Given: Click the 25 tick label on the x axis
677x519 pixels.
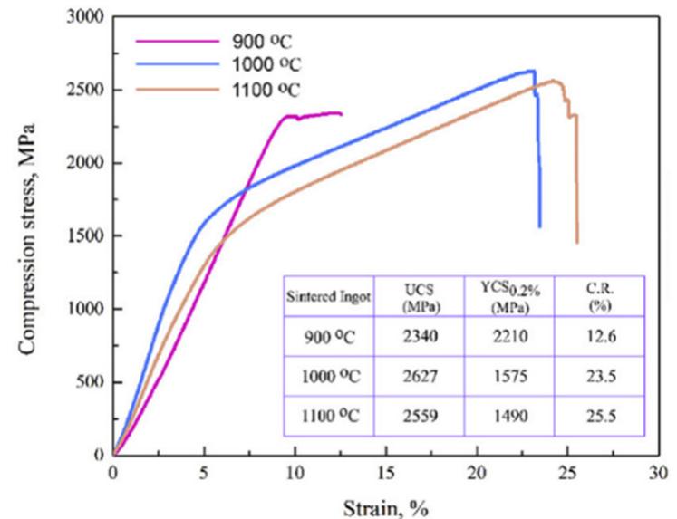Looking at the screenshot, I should click(x=566, y=474).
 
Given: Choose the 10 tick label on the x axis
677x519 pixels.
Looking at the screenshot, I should click(x=294, y=474).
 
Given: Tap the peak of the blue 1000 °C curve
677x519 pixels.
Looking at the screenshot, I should click(x=534, y=71).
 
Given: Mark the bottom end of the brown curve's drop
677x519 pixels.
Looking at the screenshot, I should click(x=576, y=243).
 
